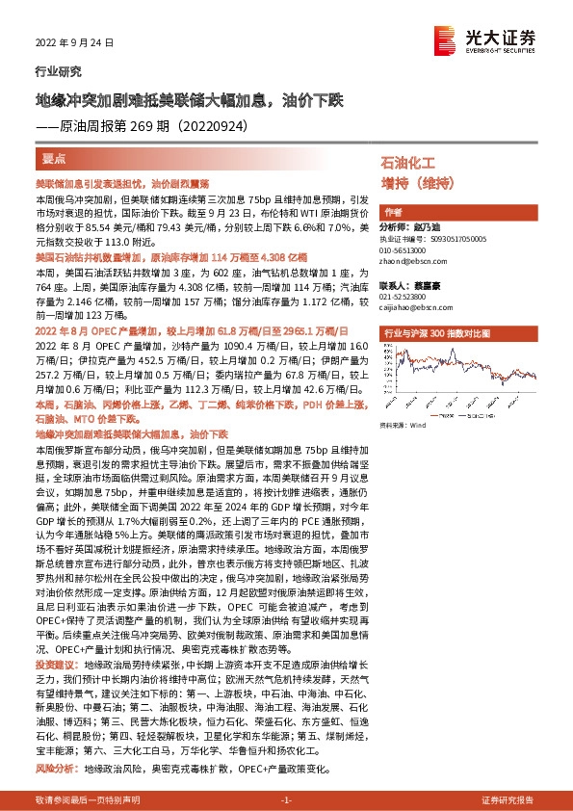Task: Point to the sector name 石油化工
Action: click(x=408, y=165)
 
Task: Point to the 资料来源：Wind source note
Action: click(x=404, y=424)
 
